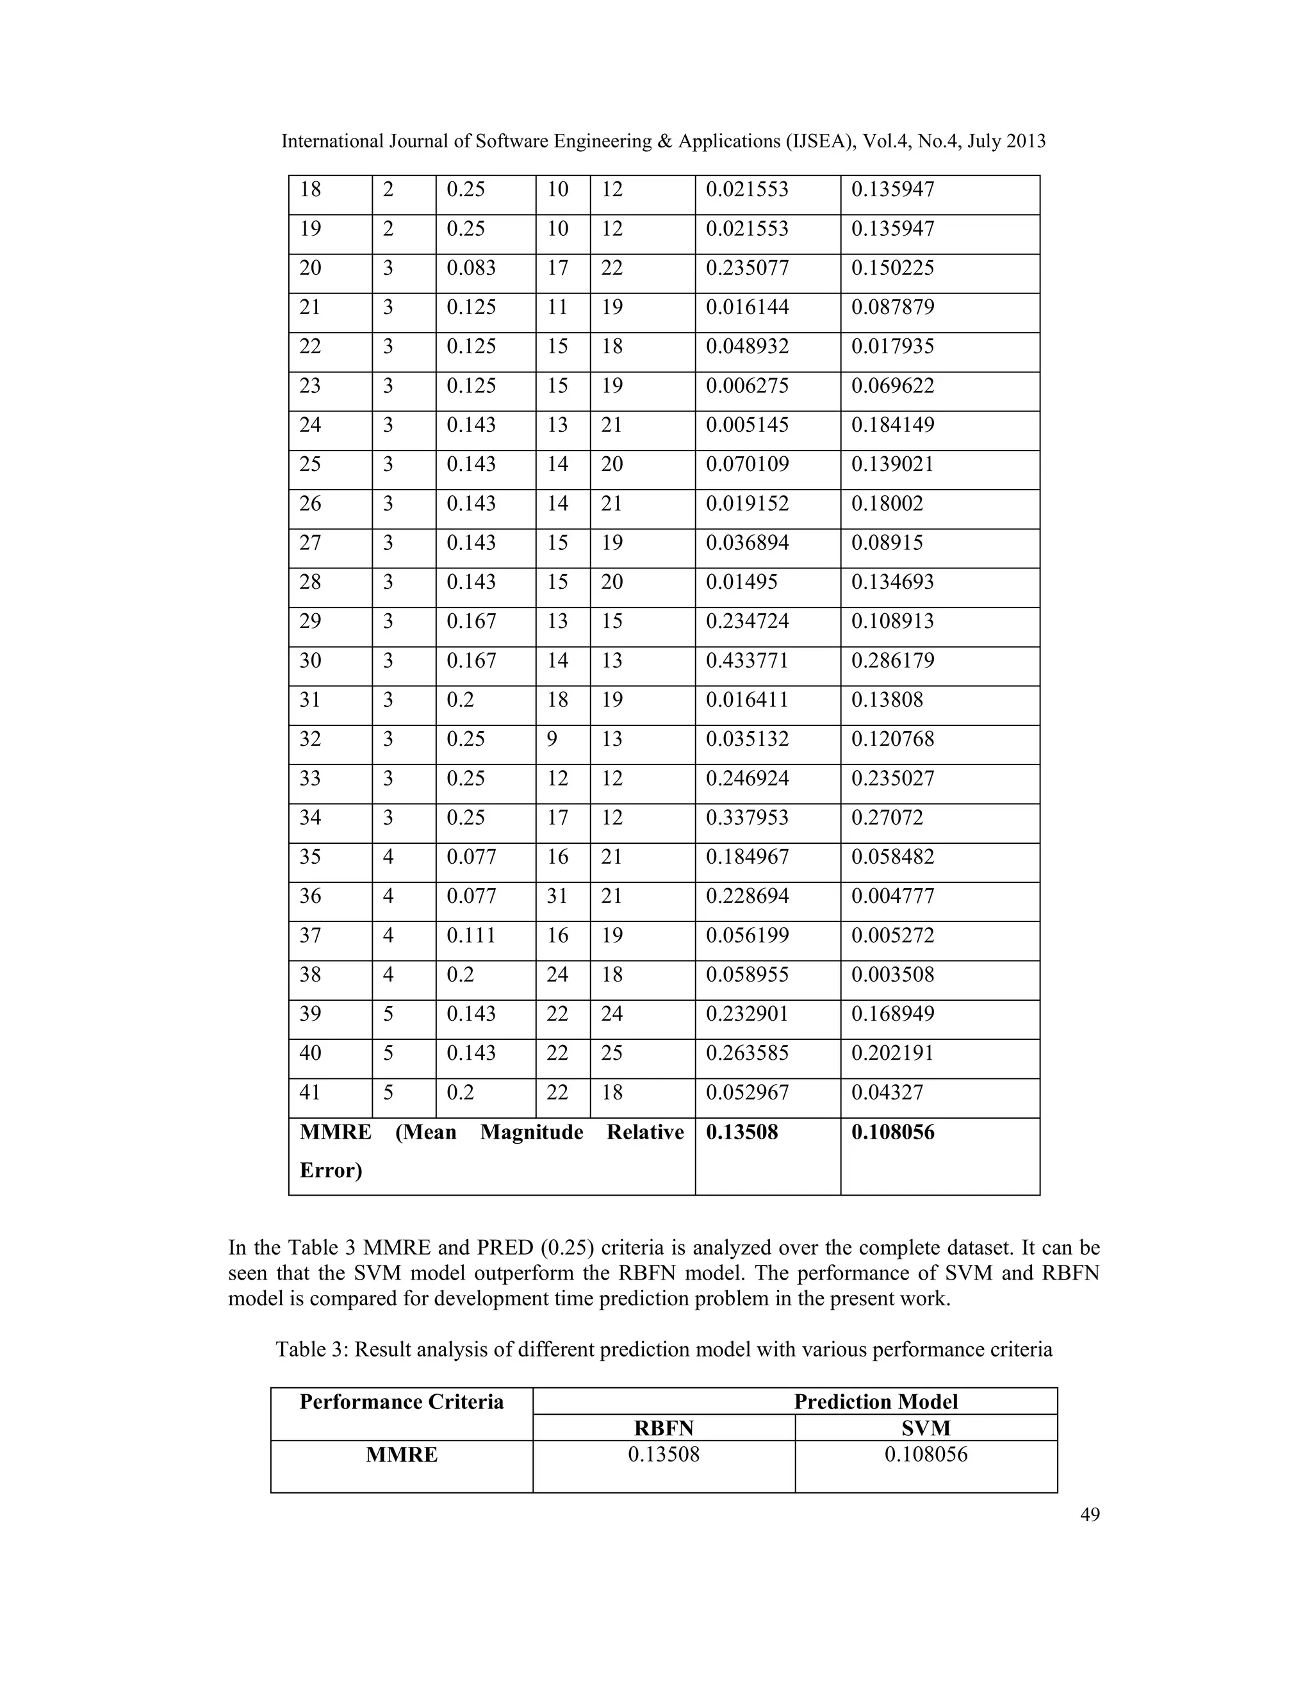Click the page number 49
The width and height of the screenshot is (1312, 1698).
(x=1090, y=1513)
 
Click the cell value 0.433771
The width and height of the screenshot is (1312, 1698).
(x=746, y=661)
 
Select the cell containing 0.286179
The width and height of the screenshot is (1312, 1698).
(x=892, y=661)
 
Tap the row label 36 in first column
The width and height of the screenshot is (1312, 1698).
(x=310, y=896)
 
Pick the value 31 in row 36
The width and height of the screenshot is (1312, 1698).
(x=557, y=896)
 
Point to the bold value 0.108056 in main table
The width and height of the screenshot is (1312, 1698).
(x=892, y=1132)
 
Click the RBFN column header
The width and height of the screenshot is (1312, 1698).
(x=663, y=1428)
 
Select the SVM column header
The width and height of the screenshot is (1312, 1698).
(x=926, y=1428)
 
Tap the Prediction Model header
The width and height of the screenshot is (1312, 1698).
(x=875, y=1402)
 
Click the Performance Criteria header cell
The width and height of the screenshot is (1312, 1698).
(x=401, y=1402)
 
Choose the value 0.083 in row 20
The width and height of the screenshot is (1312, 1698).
(x=471, y=268)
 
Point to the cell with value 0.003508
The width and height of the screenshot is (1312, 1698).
(x=892, y=975)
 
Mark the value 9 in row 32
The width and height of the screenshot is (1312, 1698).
(x=552, y=739)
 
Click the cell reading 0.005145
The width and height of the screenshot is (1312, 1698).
(x=746, y=425)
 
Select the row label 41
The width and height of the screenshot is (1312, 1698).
(x=310, y=1092)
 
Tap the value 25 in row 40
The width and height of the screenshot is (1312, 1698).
(x=612, y=1053)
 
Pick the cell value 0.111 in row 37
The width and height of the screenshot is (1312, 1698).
(x=471, y=936)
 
